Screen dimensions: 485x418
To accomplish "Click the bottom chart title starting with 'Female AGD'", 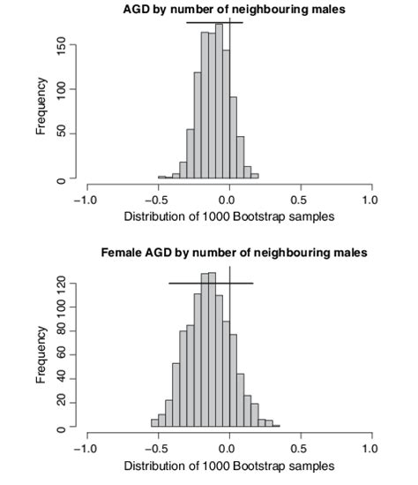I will (x=233, y=253).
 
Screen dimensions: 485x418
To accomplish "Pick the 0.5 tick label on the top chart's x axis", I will (x=302, y=200).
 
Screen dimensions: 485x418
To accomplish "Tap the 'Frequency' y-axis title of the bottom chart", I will (x=41, y=354).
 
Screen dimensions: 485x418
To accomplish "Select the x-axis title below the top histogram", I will (x=229, y=216).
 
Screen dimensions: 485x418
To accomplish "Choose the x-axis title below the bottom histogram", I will (x=229, y=465).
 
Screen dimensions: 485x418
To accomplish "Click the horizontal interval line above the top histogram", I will (x=213, y=22).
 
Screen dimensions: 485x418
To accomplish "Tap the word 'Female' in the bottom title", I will (x=122, y=253).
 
